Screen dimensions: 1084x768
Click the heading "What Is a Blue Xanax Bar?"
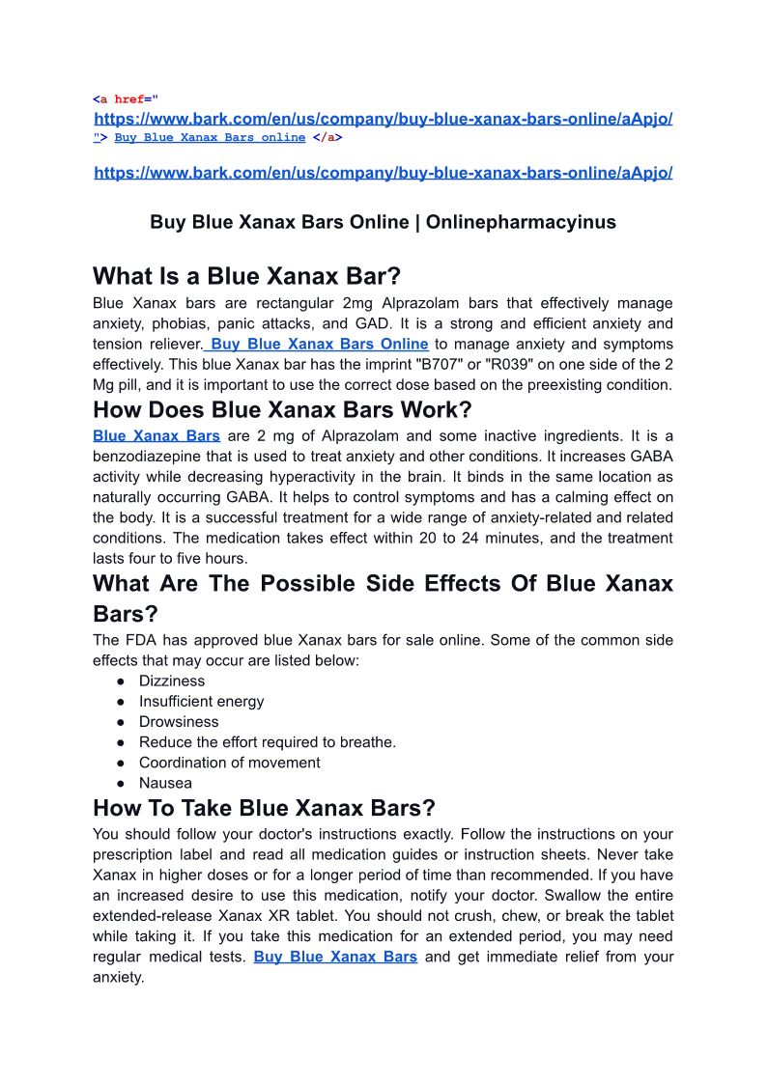[246, 276]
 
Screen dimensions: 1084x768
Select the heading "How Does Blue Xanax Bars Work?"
[282, 409]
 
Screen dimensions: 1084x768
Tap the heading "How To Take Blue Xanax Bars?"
[264, 807]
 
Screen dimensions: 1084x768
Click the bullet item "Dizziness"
[172, 681]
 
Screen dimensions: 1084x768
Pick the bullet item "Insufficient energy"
[201, 701]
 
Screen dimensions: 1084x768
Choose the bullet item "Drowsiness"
[179, 721]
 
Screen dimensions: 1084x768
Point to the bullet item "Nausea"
[165, 783]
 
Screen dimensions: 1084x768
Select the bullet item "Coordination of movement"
[229, 762]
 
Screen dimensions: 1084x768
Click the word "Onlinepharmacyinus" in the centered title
[521, 222]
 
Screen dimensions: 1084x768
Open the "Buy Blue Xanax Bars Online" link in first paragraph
[319, 344]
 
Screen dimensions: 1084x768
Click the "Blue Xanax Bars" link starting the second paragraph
[156, 435]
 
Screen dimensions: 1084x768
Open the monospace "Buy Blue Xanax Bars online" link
[210, 137]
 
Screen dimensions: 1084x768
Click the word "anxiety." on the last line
[118, 977]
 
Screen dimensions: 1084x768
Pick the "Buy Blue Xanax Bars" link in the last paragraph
[335, 957]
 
